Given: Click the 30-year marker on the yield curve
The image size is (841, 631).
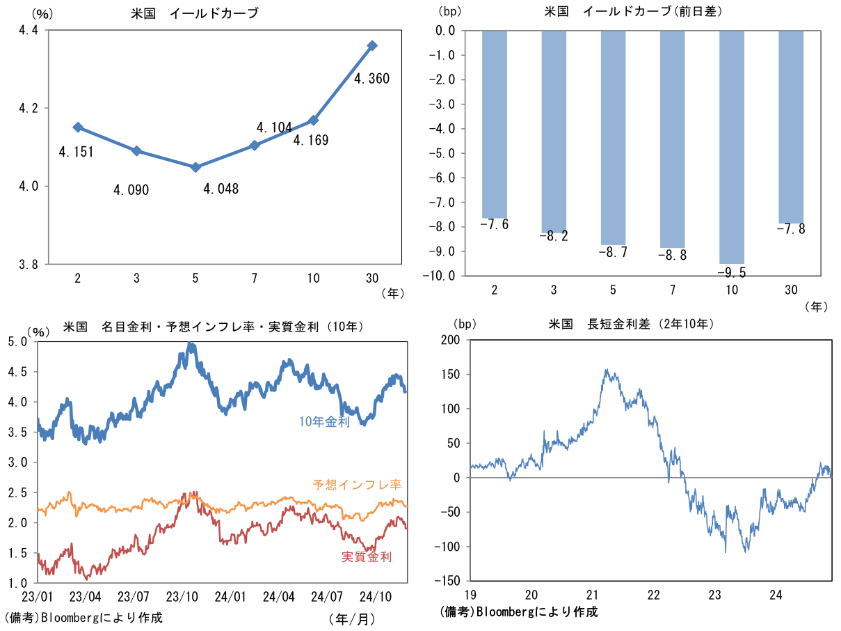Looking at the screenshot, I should pyautogui.click(x=372, y=45).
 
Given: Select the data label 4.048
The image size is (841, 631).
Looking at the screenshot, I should pyautogui.click(x=221, y=189).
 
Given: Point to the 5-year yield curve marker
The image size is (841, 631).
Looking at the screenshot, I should pyautogui.click(x=195, y=167).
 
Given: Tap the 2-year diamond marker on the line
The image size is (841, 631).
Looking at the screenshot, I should pyautogui.click(x=78, y=127).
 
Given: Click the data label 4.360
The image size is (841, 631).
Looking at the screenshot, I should pyautogui.click(x=371, y=79).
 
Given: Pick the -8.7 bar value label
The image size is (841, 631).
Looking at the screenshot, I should pyautogui.click(x=613, y=252).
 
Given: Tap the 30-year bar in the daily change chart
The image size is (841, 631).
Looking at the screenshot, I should pyautogui.click(x=791, y=126).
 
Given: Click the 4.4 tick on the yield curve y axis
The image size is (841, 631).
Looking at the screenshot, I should pyautogui.click(x=27, y=31).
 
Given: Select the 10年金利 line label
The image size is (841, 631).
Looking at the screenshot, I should pyautogui.click(x=324, y=421).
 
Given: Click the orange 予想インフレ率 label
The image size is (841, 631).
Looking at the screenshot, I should pyautogui.click(x=357, y=484).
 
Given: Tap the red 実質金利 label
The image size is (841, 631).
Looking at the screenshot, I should pyautogui.click(x=367, y=556).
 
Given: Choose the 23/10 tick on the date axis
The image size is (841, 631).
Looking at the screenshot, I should pyautogui.click(x=182, y=597).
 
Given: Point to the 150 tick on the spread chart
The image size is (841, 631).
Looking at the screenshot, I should pyautogui.click(x=450, y=375).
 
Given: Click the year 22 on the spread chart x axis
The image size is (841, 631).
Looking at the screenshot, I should pyautogui.click(x=653, y=595).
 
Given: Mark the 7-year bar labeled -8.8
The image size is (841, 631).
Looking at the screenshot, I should pyautogui.click(x=672, y=139).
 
